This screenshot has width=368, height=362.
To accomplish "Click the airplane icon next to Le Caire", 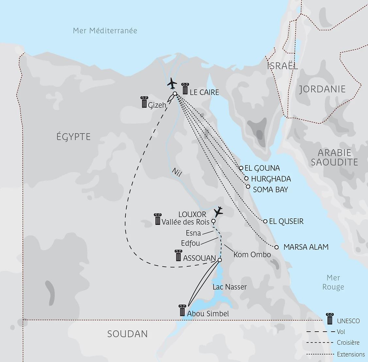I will click(x=172, y=83).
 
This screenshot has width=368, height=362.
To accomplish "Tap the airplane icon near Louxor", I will click(x=218, y=212).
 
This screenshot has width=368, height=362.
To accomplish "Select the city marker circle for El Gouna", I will click(x=241, y=168).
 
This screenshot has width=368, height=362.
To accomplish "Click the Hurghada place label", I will click(x=271, y=179).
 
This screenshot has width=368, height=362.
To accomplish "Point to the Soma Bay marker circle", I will click(x=248, y=187).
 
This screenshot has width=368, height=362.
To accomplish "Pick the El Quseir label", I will click(x=286, y=221).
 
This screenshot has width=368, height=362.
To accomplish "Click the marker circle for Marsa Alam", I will click(x=277, y=247).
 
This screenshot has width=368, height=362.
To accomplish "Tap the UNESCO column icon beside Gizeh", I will click(x=144, y=102).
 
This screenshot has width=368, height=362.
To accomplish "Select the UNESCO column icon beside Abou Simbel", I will click(x=183, y=310).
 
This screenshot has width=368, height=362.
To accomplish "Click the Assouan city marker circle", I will click(x=219, y=260).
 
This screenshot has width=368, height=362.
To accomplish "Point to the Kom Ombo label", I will click(x=252, y=255).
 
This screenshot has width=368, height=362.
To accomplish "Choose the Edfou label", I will click(x=190, y=243).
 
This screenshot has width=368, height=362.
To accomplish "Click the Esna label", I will click(x=193, y=233).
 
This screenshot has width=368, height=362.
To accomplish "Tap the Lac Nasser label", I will click(x=230, y=287).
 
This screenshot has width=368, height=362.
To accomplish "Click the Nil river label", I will click(x=176, y=172).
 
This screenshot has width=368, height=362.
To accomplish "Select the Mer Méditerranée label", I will click(x=105, y=31).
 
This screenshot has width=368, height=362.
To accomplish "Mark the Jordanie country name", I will click(x=322, y=89).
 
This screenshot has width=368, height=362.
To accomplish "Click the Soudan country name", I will click(x=127, y=334).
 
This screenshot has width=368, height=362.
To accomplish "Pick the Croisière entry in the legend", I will click(x=348, y=343).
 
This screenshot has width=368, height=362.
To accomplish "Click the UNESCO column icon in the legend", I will click(x=330, y=319).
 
